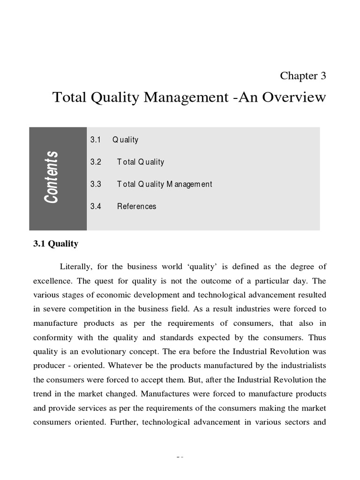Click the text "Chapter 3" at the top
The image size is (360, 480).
(303, 75)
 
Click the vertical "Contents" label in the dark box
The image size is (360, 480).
(52, 177)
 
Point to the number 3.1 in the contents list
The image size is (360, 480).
(96, 140)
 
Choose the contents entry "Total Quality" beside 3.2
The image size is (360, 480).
(141, 162)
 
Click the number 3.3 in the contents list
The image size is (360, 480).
(96, 184)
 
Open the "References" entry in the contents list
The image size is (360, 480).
(136, 206)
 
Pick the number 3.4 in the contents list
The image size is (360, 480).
(96, 206)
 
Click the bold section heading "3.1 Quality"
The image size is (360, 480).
(56, 244)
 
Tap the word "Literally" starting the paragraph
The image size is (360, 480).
(76, 267)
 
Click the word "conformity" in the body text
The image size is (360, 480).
(53, 337)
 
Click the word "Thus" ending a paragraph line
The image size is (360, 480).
(317, 337)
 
